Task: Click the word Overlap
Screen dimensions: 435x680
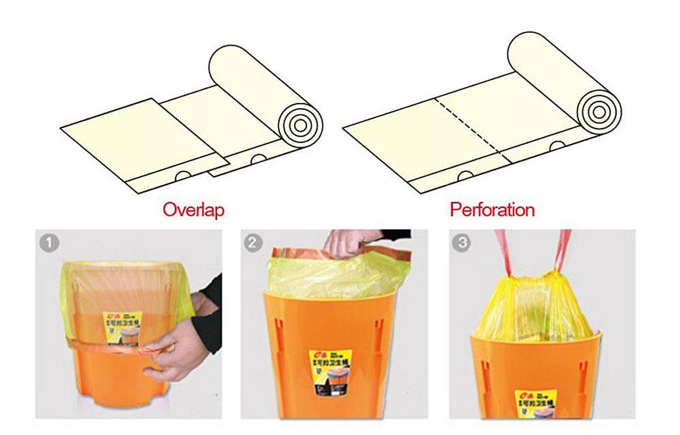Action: (193, 210)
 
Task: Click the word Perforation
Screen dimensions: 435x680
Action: (492, 210)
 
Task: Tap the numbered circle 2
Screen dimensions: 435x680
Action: (253, 244)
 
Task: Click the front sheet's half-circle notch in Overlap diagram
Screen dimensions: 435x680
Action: (182, 176)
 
